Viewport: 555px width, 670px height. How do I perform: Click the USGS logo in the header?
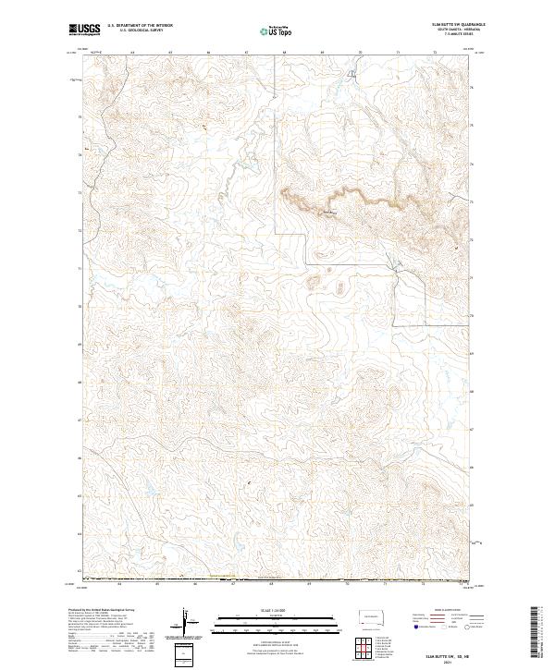point(82,30)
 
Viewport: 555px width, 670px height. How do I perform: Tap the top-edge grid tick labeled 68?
point(285,54)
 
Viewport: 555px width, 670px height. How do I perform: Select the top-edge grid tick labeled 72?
point(435,54)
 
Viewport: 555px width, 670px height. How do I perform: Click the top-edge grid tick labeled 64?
point(132,54)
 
